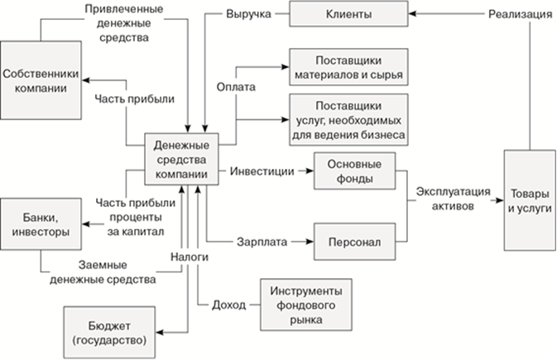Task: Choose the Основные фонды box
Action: point(355,171)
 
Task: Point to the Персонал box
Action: point(355,243)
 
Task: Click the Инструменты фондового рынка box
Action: point(300,305)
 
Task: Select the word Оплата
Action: point(235,86)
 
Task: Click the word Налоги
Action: point(190,257)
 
